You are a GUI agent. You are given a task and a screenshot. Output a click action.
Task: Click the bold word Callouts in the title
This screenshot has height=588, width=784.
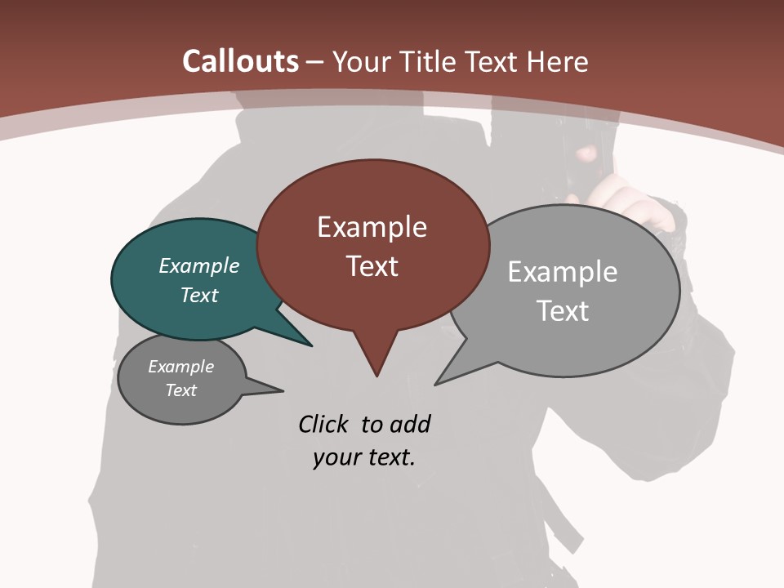240,61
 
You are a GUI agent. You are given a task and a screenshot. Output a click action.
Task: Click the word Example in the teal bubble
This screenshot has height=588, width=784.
198,265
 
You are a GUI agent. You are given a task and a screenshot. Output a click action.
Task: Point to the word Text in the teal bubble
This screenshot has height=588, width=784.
198,295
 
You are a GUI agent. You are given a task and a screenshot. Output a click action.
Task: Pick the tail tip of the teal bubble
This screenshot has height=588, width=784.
311,345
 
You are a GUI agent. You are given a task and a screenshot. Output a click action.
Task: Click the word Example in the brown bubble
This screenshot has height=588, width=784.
372,227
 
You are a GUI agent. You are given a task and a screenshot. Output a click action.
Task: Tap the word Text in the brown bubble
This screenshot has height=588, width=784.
372,265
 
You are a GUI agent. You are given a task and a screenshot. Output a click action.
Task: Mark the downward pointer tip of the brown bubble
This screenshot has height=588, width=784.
376,376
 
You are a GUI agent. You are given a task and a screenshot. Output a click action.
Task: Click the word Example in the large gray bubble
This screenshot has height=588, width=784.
562,272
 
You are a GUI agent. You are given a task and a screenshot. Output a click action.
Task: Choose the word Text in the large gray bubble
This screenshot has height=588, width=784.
562,310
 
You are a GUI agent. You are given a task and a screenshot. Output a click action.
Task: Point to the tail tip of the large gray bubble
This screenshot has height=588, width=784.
435,384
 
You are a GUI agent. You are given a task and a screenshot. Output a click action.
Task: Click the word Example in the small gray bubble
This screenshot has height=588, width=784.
180,367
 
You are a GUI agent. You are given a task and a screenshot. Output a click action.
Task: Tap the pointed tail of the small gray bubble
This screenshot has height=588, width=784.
282,390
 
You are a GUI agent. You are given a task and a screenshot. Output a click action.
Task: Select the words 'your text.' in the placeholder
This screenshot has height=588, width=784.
363,457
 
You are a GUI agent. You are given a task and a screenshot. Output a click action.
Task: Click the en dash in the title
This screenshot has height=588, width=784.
315,62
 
